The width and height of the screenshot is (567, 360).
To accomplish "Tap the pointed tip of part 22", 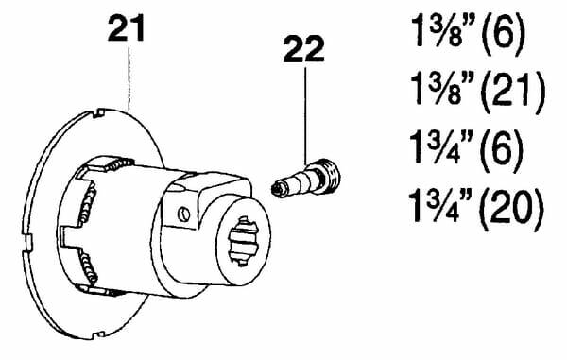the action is click(275, 189).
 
